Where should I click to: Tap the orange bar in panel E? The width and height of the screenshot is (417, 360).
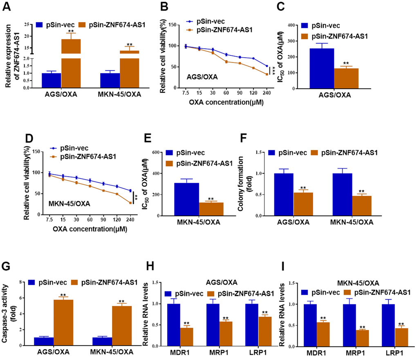(211, 208)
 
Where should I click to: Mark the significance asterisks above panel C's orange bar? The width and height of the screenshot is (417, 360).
(345, 63)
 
